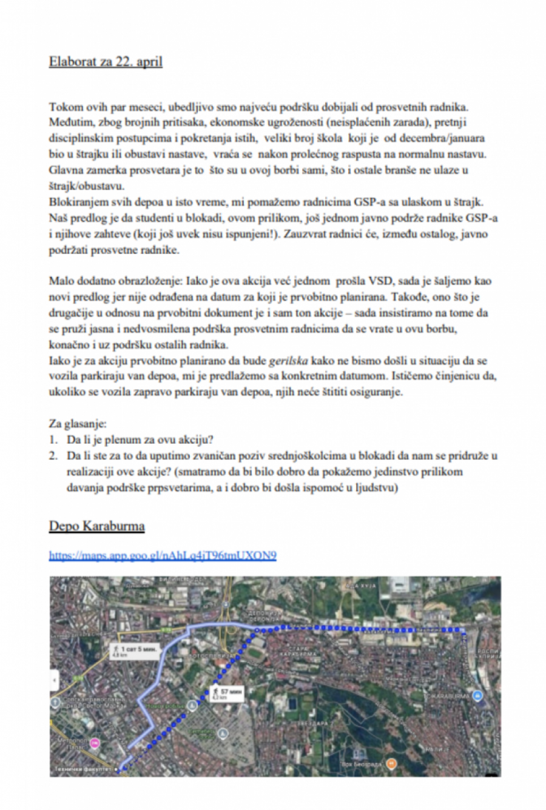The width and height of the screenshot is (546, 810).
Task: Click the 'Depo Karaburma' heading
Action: (96, 526)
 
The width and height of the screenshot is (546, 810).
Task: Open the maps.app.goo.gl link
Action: (163, 555)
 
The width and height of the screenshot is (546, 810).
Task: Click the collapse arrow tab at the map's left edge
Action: (55, 680)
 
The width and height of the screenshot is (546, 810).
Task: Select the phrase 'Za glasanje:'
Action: (78, 423)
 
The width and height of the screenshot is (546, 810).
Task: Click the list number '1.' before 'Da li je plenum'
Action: (54, 439)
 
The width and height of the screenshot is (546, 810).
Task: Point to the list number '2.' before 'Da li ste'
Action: (54, 455)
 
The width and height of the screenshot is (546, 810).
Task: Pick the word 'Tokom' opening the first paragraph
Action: (66, 107)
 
